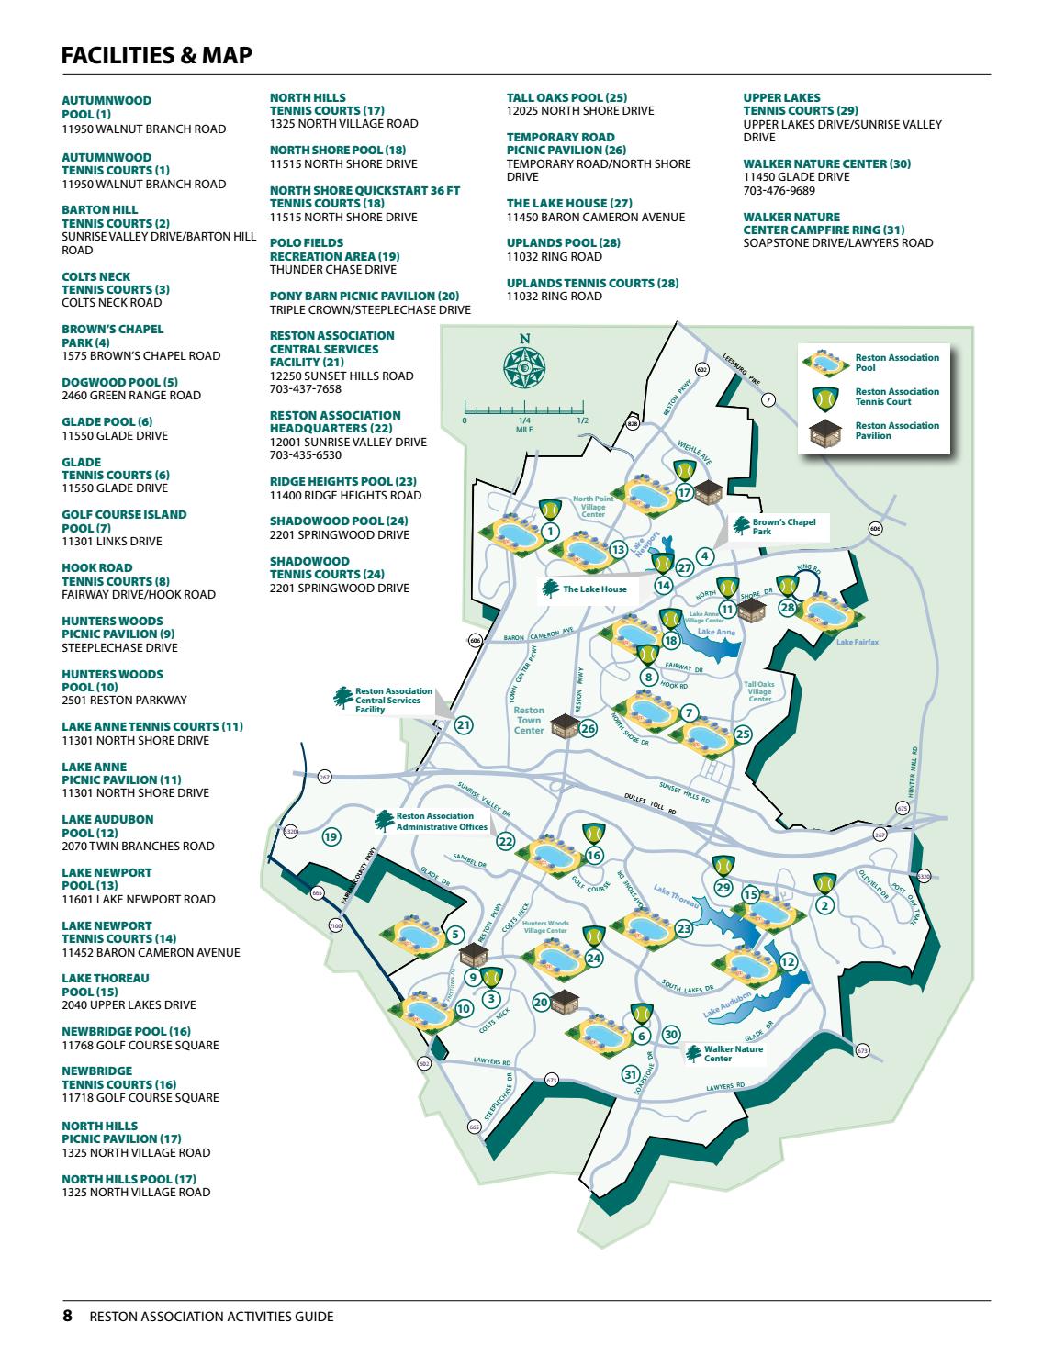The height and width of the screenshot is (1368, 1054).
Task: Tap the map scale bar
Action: tap(523, 408)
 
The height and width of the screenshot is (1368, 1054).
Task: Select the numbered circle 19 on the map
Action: tap(331, 836)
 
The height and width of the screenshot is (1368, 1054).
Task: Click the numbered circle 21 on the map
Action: tap(464, 725)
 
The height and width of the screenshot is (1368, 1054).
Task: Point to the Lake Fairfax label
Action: tap(857, 642)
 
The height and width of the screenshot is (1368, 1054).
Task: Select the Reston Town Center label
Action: tap(529, 721)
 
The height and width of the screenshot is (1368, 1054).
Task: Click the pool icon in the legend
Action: tap(824, 363)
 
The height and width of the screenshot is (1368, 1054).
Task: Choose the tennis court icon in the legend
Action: tap(824, 397)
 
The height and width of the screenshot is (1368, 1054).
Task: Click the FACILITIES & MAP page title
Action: tap(156, 56)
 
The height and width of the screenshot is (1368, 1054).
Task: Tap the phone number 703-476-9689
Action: tap(779, 191)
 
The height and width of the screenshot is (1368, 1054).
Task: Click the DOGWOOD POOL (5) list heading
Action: tap(119, 382)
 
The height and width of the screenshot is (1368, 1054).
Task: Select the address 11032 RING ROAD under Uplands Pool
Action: tap(555, 257)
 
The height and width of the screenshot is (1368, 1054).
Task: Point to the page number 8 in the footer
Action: tap(67, 1316)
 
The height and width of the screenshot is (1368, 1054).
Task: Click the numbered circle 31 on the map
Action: tap(630, 1074)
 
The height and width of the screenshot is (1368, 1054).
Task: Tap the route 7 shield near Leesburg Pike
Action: tap(768, 398)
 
